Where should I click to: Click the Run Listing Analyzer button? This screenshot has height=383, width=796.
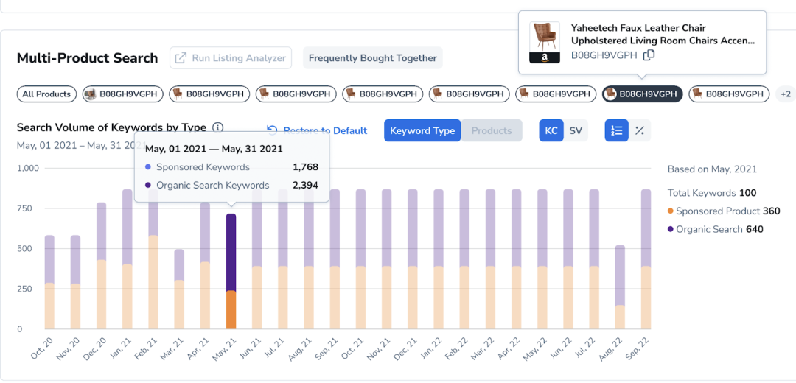[231, 58]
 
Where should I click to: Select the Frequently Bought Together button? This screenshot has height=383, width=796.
[372, 58]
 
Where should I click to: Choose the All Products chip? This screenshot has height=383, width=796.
[46, 94]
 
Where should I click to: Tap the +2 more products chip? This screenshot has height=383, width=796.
[786, 94]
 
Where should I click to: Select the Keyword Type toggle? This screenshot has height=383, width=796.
[422, 130]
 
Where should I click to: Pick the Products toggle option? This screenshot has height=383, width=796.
[491, 130]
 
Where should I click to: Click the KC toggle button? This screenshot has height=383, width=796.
[551, 130]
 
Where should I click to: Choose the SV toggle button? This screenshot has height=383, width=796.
[576, 130]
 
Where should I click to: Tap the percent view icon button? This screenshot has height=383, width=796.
[640, 130]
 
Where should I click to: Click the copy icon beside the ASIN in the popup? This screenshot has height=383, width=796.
[649, 55]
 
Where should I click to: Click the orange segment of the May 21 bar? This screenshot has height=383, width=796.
[231, 309]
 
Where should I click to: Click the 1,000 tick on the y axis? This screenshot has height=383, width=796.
[28, 168]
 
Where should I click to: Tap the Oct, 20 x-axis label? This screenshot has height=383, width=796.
[43, 348]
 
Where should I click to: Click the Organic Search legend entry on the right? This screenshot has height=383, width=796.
[715, 229]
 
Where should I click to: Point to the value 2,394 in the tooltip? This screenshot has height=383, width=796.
[305, 186]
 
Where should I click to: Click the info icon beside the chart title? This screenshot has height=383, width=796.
[218, 127]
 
